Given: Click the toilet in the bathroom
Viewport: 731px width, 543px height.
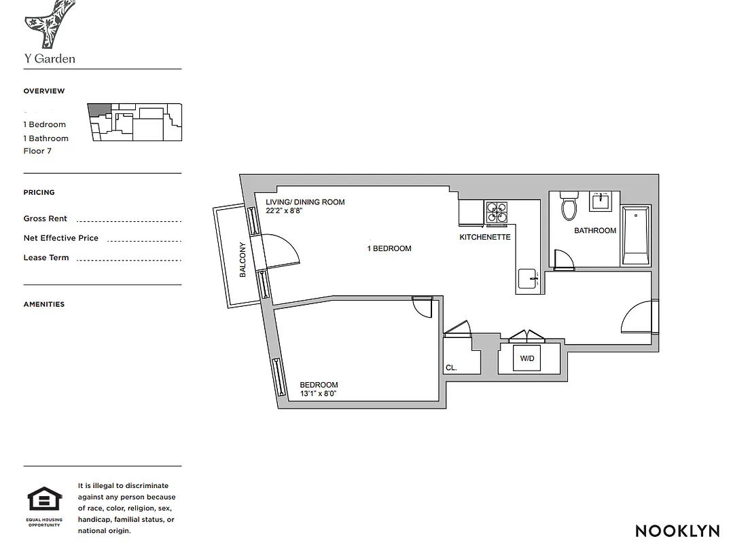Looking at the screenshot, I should coord(569,206).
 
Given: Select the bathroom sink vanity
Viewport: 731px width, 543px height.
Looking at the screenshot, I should coord(600,202).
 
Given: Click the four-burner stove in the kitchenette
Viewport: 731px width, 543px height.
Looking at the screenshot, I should coord(496,212).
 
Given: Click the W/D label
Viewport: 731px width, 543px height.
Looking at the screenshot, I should coord(527,358).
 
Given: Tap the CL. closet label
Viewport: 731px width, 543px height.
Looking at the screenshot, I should coord(451,368).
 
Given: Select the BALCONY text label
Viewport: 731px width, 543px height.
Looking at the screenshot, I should coord(243,260).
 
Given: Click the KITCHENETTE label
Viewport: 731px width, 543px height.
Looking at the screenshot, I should coord(484,237).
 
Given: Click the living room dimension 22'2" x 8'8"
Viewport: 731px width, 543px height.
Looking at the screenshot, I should coord(283,211).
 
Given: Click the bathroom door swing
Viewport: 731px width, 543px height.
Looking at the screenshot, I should coord(563,260).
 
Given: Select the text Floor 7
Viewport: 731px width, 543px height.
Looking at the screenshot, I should coord(37,151).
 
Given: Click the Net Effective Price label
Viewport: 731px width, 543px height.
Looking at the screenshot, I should coord(60,238).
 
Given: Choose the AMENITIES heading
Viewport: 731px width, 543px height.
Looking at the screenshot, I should coord(44,304).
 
